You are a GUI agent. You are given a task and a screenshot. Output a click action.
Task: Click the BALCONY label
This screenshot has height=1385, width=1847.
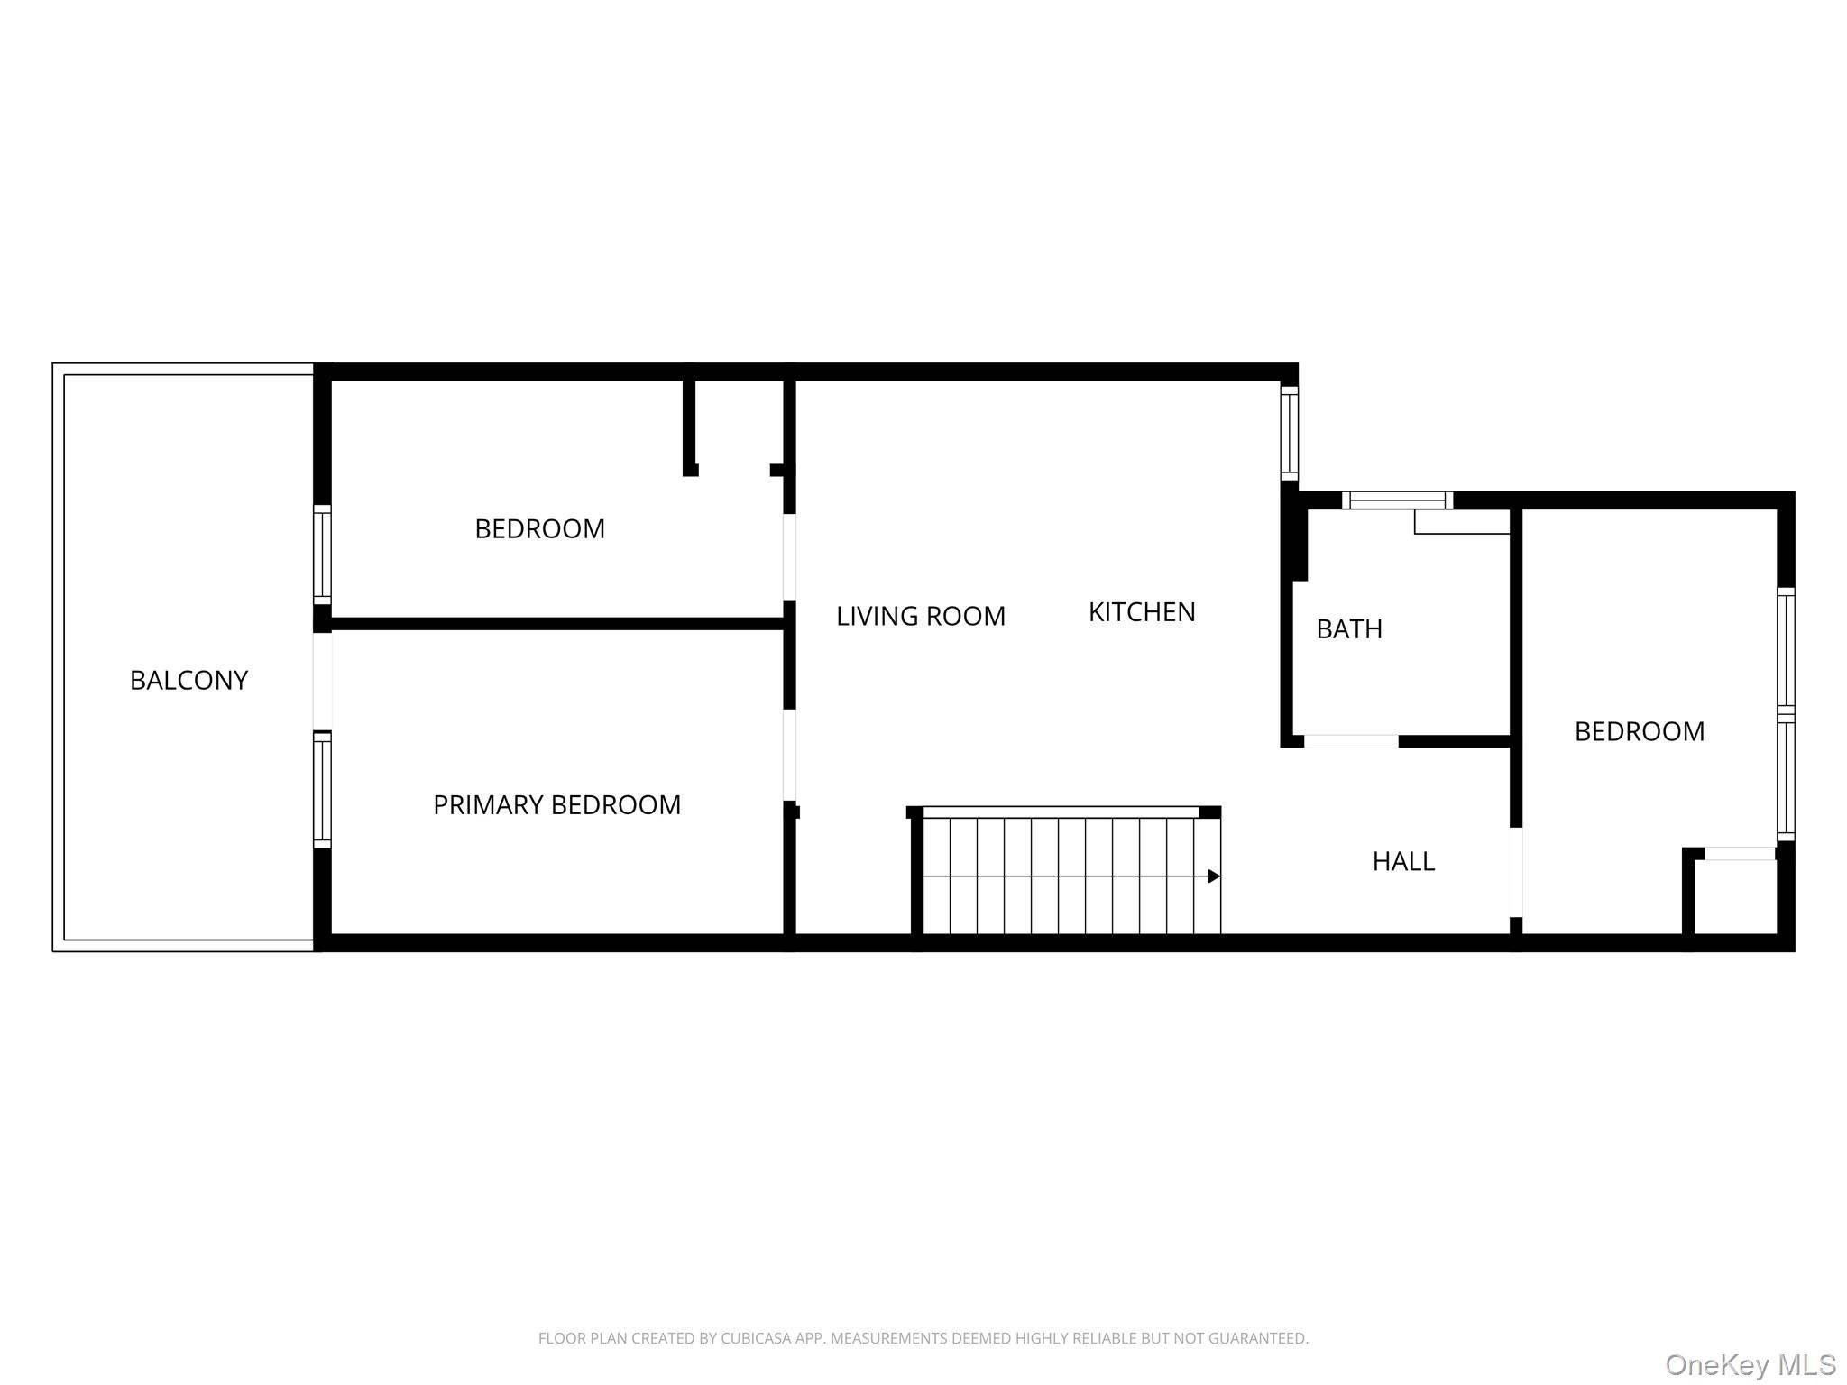(188, 680)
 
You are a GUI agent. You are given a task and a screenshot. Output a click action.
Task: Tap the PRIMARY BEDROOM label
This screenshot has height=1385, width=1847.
(556, 804)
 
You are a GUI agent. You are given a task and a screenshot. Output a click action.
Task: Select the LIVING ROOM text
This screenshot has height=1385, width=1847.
(920, 616)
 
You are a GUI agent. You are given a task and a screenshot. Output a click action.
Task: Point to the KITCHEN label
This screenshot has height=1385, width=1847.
(1141, 612)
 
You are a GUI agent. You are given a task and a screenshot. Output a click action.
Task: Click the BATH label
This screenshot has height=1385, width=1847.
(1348, 628)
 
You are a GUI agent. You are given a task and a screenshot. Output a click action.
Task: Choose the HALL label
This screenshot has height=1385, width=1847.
(1402, 861)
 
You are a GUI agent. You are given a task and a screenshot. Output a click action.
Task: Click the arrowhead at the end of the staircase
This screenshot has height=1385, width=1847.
(1214, 876)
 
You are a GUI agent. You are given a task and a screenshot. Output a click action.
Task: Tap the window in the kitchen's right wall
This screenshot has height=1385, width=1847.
(1290, 434)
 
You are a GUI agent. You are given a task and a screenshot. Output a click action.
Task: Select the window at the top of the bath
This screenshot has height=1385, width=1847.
(1397, 500)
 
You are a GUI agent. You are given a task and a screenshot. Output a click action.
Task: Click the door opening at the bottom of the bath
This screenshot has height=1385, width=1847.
(1350, 741)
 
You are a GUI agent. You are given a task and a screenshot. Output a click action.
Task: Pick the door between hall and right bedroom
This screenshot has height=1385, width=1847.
(1516, 872)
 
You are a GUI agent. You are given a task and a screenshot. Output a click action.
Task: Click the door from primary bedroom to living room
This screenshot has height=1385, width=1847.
(789, 755)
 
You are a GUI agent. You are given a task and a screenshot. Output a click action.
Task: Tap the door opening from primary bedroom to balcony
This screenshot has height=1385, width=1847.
(322, 681)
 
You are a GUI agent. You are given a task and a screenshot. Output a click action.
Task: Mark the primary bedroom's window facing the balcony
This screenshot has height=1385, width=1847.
(322, 790)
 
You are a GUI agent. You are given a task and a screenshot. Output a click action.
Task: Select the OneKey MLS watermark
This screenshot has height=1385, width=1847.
(1750, 1364)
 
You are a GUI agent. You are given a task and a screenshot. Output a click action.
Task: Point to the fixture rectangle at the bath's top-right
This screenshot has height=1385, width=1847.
(1461, 522)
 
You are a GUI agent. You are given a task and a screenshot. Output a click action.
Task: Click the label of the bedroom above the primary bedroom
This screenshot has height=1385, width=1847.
(539, 528)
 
